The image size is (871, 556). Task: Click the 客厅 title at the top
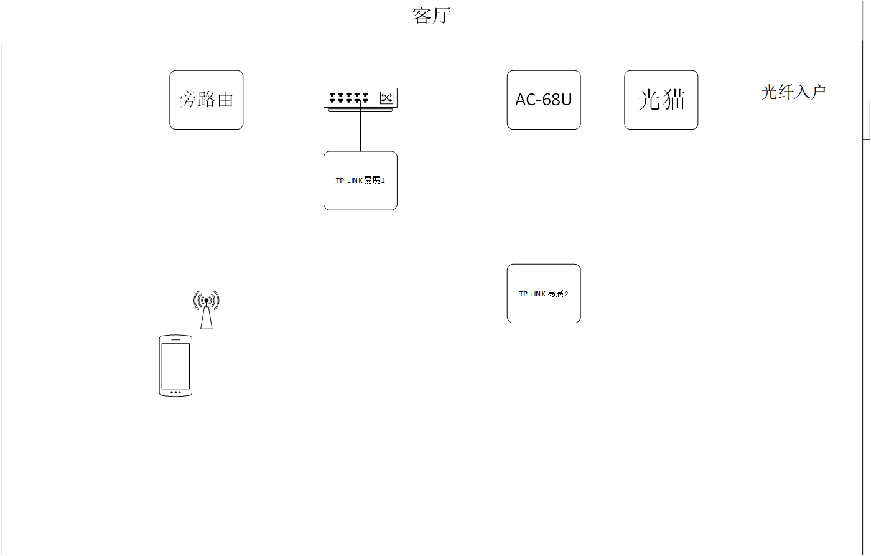point(431,16)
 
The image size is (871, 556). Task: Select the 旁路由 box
point(207,100)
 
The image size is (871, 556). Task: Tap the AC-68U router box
point(544,100)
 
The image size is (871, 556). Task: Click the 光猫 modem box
point(661,100)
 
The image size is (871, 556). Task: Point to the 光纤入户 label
point(794,92)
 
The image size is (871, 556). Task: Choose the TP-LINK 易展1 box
point(360,181)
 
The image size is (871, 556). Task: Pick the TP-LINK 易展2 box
point(544,293)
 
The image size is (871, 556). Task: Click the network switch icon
point(360,100)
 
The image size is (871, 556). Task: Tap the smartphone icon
point(175,365)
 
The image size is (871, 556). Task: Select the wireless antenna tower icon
point(207,309)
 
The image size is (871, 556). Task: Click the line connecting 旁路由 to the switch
point(283,100)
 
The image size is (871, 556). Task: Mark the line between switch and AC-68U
point(452,100)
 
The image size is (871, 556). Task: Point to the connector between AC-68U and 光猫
point(602,100)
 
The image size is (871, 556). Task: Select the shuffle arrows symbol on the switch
point(387,98)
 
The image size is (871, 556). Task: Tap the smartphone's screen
point(175,365)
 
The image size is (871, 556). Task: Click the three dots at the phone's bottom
point(175,392)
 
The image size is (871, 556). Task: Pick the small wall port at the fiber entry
point(867,119)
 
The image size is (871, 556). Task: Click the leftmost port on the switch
point(333,97)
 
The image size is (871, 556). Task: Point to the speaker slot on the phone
point(175,339)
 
